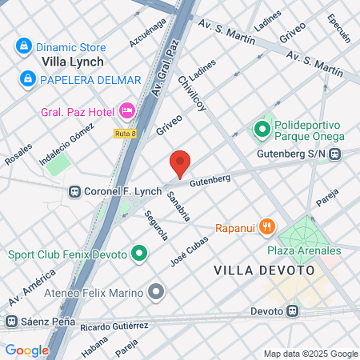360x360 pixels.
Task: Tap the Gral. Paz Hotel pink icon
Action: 126,110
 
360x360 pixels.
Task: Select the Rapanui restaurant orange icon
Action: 267,228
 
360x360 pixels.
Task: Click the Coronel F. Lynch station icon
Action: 75,192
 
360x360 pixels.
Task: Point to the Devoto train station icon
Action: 293,310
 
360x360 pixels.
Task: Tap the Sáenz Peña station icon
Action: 10,322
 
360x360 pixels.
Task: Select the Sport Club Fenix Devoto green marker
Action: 140,255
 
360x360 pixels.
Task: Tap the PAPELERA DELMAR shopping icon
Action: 28,78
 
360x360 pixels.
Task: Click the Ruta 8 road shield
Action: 124,133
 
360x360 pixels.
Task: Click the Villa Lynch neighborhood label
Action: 73,60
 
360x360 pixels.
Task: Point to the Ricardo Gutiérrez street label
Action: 115,326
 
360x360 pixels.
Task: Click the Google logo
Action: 27,350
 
